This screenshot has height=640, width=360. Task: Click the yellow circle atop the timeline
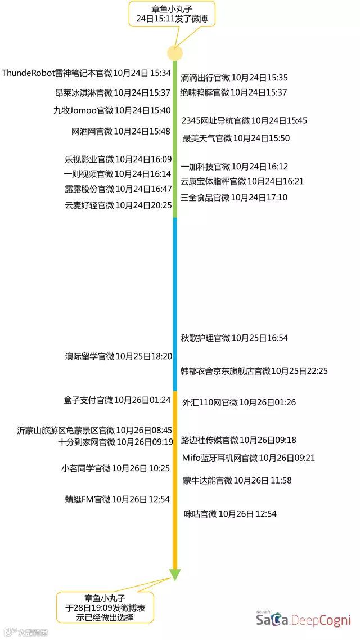coord(175,53)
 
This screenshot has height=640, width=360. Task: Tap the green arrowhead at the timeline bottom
coord(175,574)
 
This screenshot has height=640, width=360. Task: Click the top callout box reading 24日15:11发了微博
coord(172,14)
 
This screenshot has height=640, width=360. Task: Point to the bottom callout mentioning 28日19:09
coord(105,607)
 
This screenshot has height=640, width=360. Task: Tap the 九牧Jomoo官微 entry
coord(112,111)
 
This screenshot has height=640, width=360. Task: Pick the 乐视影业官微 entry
coord(118,159)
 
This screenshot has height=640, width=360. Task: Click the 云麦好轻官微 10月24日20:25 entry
coord(118,205)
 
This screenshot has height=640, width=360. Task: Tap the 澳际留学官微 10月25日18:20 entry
coord(118,356)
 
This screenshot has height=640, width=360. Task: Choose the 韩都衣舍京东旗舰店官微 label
coord(254,371)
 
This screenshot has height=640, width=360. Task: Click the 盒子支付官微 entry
coord(117,400)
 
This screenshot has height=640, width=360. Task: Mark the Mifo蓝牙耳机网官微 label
coord(249,458)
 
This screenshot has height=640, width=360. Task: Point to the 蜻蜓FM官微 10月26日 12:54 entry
coord(118,499)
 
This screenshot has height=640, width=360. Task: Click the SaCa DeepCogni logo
coord(303,619)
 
